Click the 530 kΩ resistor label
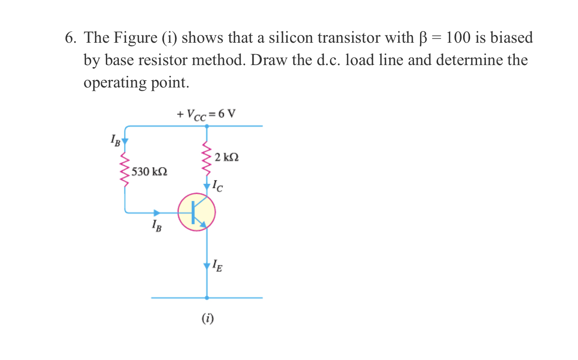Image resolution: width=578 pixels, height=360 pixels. [x=149, y=172]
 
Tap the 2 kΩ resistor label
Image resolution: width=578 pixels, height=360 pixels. [x=226, y=157]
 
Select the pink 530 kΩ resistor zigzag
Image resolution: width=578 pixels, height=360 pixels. [x=125, y=169]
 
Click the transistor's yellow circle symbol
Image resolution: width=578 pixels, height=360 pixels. [x=197, y=212]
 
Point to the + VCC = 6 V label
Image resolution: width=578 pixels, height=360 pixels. [x=206, y=114]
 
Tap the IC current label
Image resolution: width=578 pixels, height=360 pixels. [x=217, y=185]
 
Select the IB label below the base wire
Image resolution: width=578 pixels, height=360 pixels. [x=156, y=225]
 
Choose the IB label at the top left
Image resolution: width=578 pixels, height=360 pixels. [x=115, y=140]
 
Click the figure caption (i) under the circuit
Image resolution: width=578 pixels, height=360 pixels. [x=208, y=318]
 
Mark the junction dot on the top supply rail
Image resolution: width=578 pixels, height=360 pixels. [x=207, y=127]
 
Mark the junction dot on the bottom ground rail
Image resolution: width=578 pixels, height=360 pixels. [x=207, y=298]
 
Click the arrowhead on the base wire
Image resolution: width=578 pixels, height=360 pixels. [x=157, y=213]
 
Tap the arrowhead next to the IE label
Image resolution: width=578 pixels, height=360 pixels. [x=207, y=266]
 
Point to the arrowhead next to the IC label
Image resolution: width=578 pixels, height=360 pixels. [x=207, y=187]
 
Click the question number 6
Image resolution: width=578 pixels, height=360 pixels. [x=70, y=38]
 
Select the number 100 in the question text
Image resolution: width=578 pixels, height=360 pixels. [x=458, y=38]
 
